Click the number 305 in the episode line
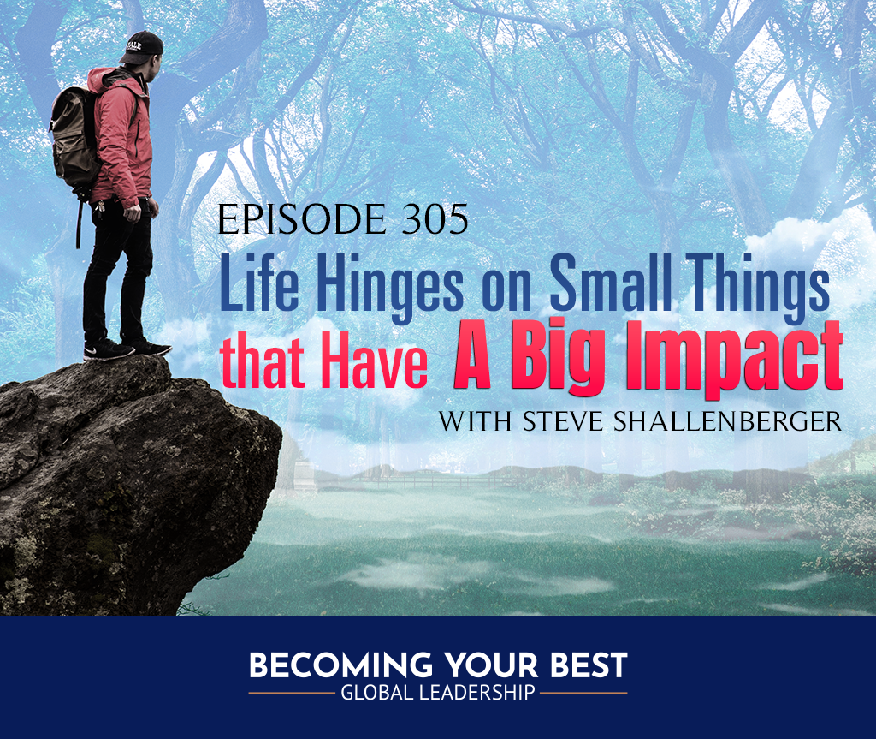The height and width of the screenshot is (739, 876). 435,219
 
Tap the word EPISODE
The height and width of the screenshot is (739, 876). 302,219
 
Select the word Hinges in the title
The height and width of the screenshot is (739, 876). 390,285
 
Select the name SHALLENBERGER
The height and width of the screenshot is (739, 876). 727,421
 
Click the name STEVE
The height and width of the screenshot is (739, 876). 563,421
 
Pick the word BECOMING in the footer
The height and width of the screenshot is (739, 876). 340,665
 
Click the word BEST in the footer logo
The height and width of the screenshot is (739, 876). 589,665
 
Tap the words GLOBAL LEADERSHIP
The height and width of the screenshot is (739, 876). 438,693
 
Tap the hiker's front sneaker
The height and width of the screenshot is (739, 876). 108,351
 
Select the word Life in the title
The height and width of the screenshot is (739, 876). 259,283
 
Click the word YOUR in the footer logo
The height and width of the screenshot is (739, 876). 492,665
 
